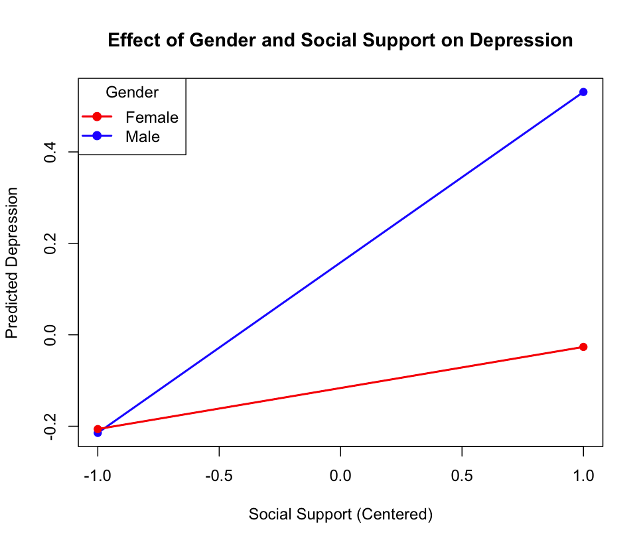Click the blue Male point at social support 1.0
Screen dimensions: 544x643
click(x=583, y=92)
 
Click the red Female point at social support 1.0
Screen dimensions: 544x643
click(x=583, y=347)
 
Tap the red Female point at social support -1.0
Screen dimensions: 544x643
click(x=98, y=429)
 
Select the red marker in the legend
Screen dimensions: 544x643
click(x=97, y=117)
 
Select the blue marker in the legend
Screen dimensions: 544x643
click(x=97, y=136)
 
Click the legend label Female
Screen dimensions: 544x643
click(x=152, y=117)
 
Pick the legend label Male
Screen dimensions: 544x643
click(x=143, y=137)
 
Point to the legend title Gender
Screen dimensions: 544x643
click(x=132, y=92)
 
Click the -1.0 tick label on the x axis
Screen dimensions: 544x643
click(x=98, y=476)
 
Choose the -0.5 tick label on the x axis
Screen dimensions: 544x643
click(x=219, y=476)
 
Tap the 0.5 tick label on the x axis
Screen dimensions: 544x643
click(x=462, y=476)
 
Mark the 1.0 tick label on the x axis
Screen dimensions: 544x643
click(x=583, y=476)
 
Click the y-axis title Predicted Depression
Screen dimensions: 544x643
click(x=12, y=262)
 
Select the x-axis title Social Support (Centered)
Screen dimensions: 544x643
click(x=340, y=514)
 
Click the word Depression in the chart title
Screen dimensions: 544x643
click(x=521, y=40)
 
